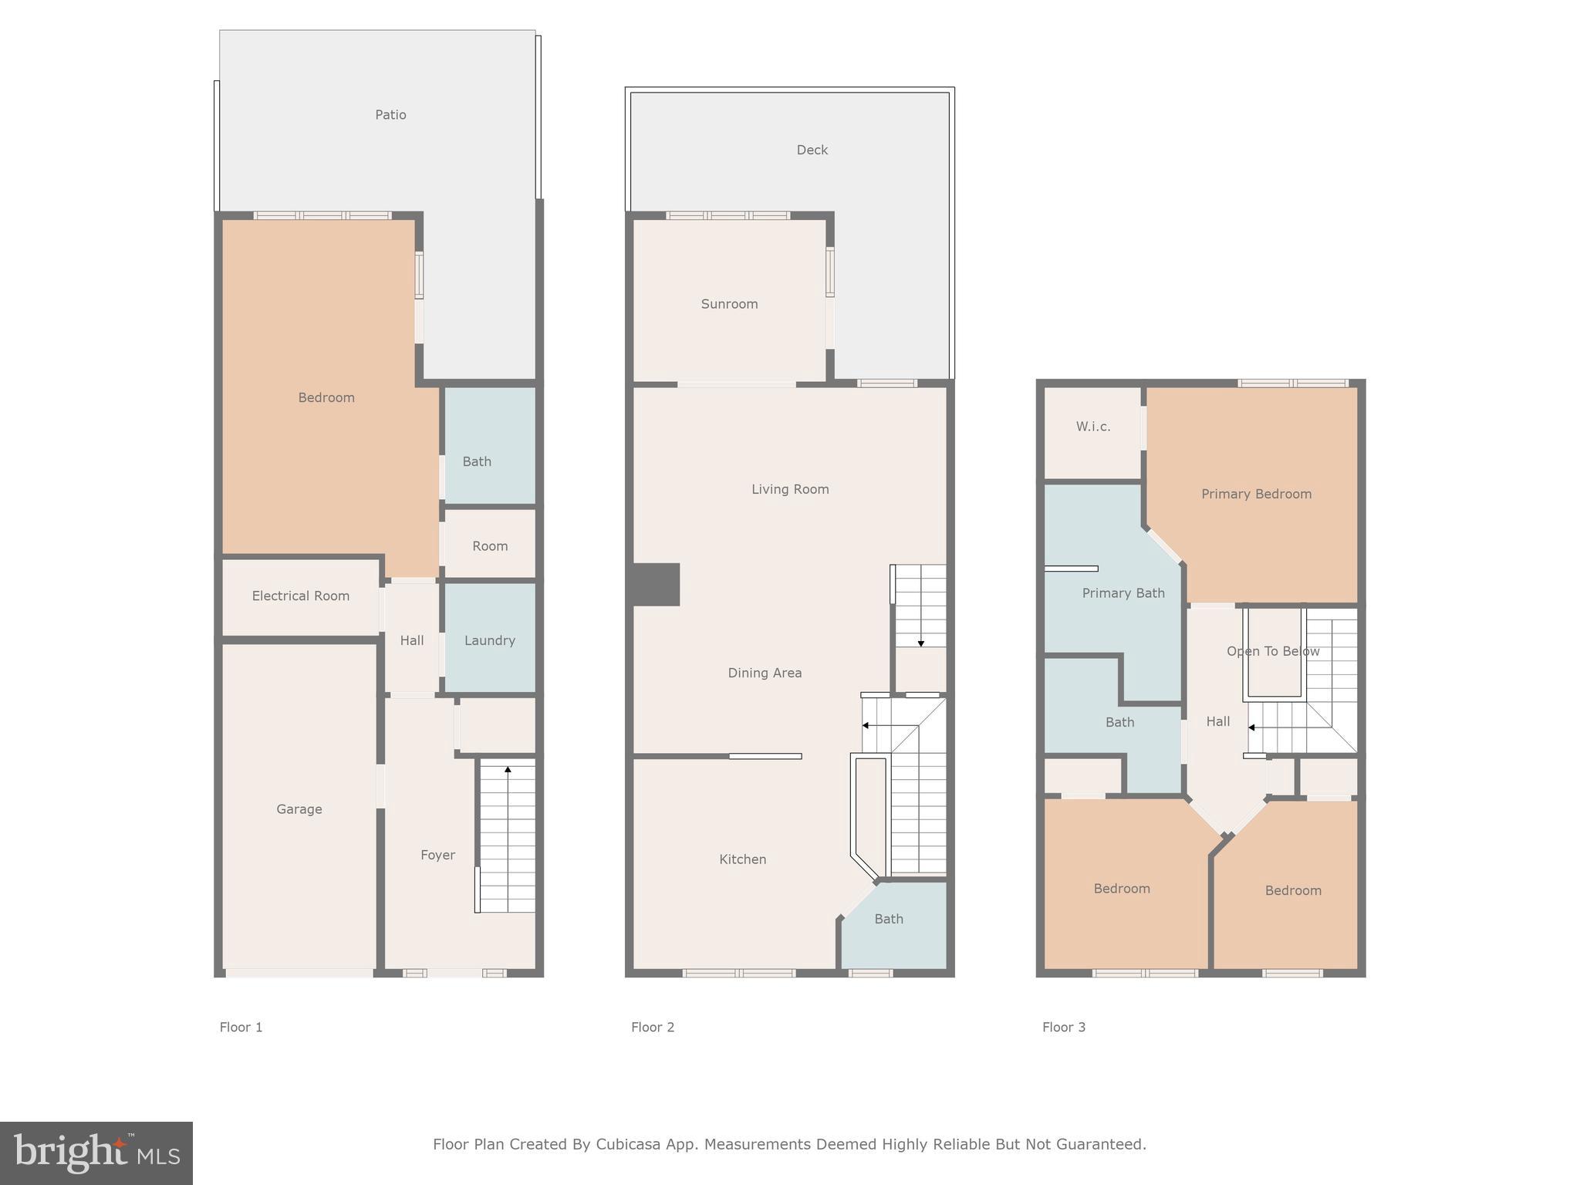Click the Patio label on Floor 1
pos(390,115)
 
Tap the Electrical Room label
pos(300,596)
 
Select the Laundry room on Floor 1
pos(489,640)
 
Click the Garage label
pos(299,809)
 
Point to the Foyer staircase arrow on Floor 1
pos(508,769)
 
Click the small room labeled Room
pos(490,546)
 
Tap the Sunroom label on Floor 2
pos(729,304)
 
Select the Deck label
pos(812,150)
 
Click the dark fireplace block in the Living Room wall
pos(656,584)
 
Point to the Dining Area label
pos(765,673)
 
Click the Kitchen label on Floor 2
pos(742,859)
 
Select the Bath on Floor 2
pos(889,919)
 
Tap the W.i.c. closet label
pos(1093,427)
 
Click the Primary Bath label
pos(1123,593)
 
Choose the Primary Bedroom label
pos(1256,495)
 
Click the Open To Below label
pos(1273,651)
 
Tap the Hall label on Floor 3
pos(1217,721)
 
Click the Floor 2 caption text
pos(653,1027)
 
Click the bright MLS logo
pos(96,1153)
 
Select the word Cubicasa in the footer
pos(627,1144)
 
